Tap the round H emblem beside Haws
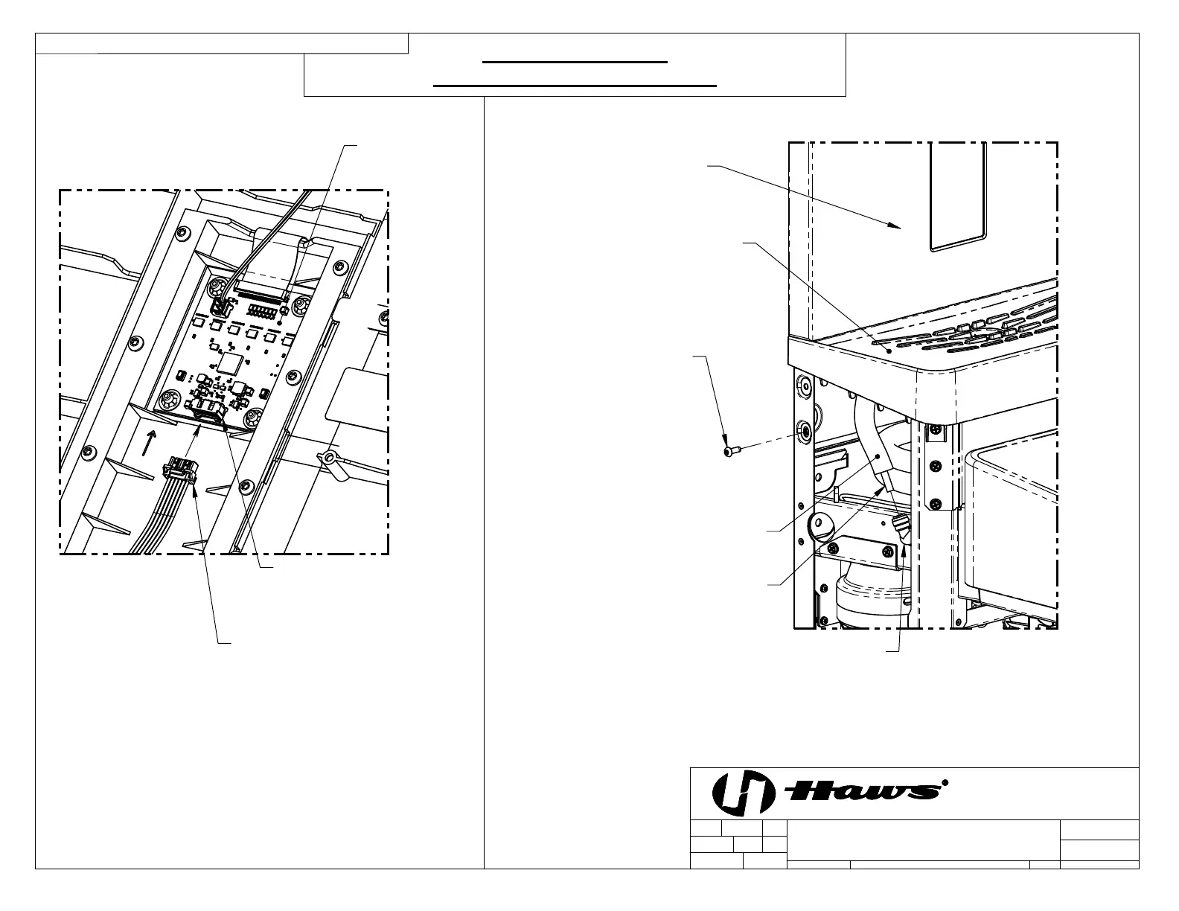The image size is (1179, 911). (x=739, y=792)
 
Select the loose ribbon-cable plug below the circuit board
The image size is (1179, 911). (x=179, y=470)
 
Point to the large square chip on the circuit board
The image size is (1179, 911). (x=230, y=364)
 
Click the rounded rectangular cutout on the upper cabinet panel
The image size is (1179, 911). (x=958, y=195)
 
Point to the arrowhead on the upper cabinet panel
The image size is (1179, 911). (x=896, y=225)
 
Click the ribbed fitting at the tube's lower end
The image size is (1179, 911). (x=901, y=531)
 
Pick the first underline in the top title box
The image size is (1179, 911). (x=576, y=63)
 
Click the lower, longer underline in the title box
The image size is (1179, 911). (x=575, y=86)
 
